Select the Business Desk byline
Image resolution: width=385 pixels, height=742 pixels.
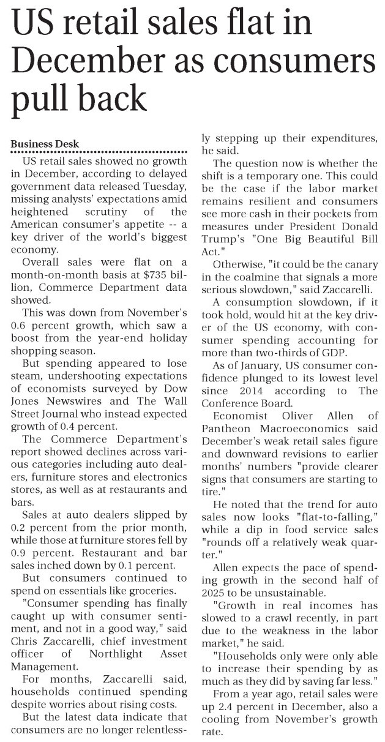pyautogui.click(x=45, y=144)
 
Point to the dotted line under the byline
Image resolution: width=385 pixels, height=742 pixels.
pyautogui.click(x=99, y=152)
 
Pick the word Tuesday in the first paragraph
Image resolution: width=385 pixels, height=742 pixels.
pyautogui.click(x=160, y=185)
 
